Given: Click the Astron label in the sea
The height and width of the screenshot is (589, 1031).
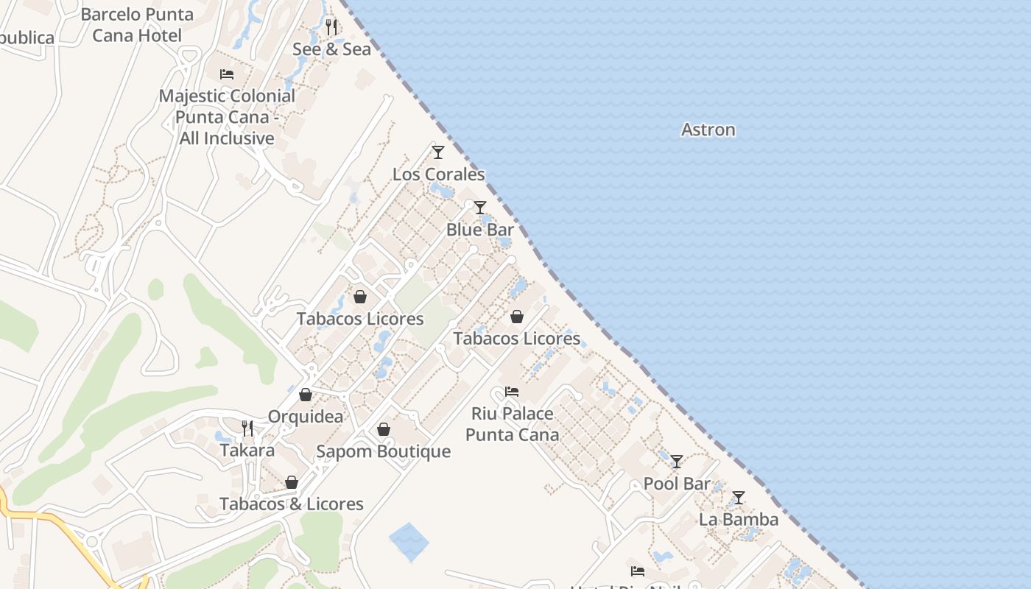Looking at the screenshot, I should [x=708, y=130].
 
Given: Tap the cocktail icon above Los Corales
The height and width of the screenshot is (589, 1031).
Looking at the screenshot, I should [x=438, y=152].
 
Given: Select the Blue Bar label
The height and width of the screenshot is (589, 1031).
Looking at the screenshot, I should [x=479, y=230].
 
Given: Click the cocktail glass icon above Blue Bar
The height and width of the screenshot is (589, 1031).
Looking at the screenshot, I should [x=480, y=208].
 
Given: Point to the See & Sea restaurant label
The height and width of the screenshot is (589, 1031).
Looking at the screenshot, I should [x=331, y=49].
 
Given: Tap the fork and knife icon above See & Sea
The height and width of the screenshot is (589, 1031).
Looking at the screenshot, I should [x=331, y=28].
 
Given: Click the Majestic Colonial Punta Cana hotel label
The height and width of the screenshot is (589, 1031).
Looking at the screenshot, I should [x=227, y=117].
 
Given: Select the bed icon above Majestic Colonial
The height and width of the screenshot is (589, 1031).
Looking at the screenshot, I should [x=227, y=74].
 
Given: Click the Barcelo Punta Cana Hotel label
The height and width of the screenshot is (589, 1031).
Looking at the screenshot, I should [x=137, y=24].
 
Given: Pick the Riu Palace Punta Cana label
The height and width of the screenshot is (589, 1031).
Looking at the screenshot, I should [x=512, y=424].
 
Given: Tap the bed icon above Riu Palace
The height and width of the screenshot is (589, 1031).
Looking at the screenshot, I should [x=512, y=392].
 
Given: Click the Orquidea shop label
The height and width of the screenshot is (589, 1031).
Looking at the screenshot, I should [x=305, y=417].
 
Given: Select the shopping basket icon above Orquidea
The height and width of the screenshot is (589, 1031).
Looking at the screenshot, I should [x=305, y=395].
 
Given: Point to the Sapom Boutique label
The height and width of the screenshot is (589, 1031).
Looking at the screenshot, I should [x=383, y=451].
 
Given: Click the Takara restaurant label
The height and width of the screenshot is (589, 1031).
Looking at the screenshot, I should [x=247, y=451].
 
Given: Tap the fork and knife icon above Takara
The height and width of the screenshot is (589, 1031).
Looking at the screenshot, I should [x=247, y=428].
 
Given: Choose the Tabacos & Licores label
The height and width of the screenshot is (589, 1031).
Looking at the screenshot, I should [x=292, y=504].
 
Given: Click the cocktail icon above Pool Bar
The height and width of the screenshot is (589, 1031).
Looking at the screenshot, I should [x=677, y=462].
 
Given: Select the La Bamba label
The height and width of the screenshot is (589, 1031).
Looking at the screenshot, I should [x=738, y=520].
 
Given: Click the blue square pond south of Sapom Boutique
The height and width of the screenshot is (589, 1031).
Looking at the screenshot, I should [x=408, y=542].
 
